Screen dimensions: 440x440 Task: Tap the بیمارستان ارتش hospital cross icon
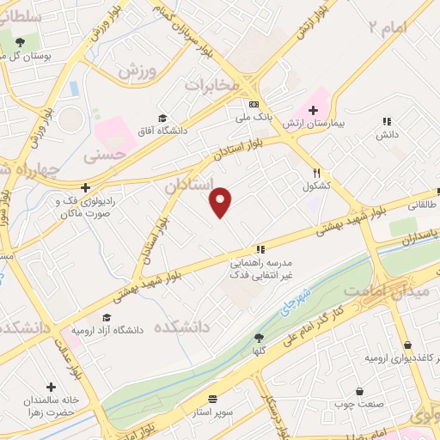313,110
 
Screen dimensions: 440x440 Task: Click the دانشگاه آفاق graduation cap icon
162,119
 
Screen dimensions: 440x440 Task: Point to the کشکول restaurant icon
317,173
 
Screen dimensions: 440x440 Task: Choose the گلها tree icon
259,338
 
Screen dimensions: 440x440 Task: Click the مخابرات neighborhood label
211,86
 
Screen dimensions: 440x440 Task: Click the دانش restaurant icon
387,122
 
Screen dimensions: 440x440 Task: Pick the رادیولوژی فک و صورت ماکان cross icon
84,187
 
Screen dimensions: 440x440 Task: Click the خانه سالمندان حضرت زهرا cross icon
52,387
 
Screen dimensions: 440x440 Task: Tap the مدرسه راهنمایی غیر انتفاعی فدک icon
260,248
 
